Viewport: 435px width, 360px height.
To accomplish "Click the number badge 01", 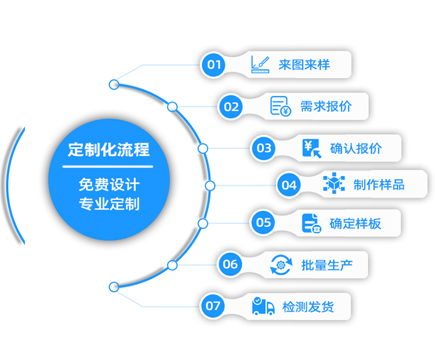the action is click(213, 64).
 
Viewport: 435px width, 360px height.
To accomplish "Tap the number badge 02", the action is click(231, 107).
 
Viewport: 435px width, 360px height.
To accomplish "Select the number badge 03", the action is click(263, 148).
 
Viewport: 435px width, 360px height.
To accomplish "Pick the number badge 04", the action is click(289, 185).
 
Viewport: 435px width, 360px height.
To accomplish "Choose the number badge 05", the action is click(263, 222).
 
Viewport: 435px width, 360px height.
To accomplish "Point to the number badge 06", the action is click(230, 264).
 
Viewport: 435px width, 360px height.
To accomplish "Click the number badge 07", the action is click(212, 306).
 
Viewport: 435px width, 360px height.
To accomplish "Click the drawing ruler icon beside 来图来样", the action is click(260, 64).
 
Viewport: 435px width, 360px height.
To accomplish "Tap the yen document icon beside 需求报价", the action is click(281, 106).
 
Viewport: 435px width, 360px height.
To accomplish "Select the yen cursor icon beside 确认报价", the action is click(312, 148).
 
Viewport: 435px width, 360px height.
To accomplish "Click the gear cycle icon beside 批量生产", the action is click(281, 265).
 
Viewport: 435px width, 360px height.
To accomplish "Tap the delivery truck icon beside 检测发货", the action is click(263, 306).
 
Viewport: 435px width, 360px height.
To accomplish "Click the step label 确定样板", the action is click(356, 224).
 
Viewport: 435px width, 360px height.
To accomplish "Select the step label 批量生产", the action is click(327, 265).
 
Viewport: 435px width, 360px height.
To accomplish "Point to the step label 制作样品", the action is click(379, 185).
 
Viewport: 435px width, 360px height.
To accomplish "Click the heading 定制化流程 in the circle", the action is click(109, 149).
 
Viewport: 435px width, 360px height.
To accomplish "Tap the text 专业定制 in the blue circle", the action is click(109, 204).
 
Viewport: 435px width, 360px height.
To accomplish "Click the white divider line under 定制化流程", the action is click(108, 167).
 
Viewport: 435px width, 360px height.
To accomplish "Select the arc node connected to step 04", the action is click(210, 186).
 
